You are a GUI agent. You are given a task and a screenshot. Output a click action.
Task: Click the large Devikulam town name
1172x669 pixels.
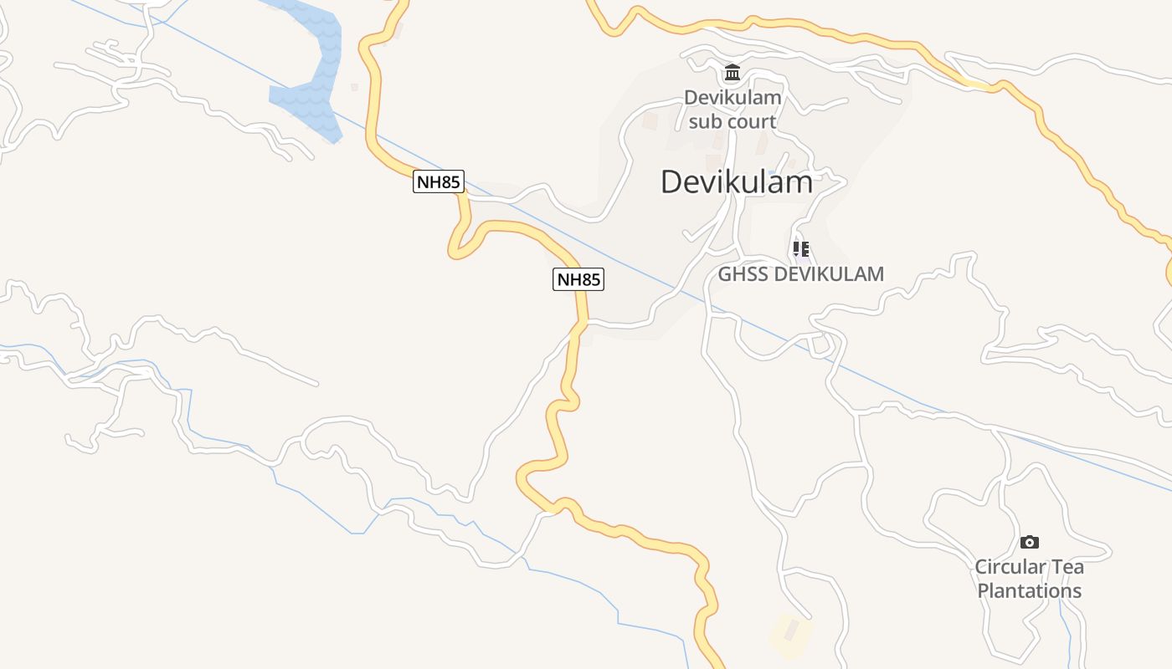(x=736, y=181)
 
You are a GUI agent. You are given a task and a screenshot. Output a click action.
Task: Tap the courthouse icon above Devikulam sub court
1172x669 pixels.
(x=732, y=73)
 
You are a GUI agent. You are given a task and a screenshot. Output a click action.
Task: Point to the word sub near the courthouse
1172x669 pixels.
(x=704, y=121)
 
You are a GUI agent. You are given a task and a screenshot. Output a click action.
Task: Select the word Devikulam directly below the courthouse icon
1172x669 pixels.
(x=732, y=98)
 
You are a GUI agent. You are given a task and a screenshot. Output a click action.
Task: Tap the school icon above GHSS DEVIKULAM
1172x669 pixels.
(x=801, y=249)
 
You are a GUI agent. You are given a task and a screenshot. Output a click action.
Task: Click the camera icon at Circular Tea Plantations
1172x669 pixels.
(x=1030, y=542)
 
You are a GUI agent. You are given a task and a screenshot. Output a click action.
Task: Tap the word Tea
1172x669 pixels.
(x=1067, y=567)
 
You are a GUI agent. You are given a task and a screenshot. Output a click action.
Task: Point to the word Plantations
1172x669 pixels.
(x=1030, y=591)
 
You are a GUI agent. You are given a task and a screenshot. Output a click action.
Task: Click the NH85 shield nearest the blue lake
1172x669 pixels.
(x=438, y=181)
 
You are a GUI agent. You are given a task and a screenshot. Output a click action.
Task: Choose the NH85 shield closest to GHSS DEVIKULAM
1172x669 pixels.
(x=578, y=279)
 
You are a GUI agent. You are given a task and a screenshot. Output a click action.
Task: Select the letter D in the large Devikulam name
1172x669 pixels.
(x=672, y=181)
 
